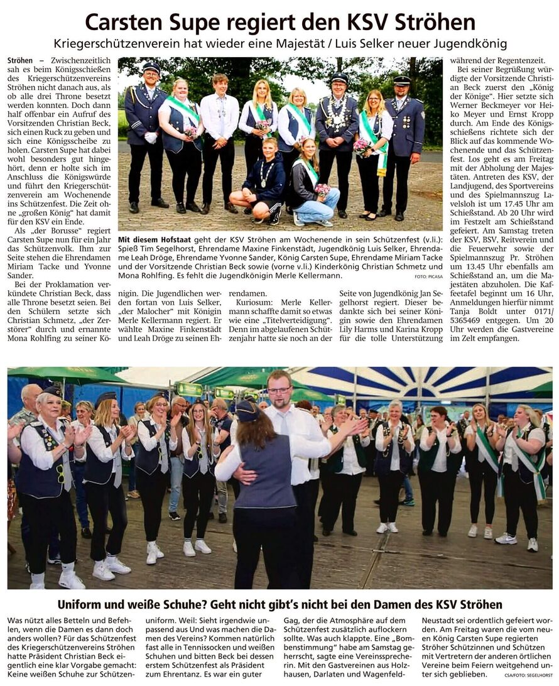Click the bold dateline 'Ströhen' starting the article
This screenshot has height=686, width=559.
(20, 61)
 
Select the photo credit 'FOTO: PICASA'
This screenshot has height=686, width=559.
(428, 276)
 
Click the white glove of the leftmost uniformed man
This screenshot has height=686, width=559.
(151, 136)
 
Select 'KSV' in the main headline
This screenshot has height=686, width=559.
(366, 23)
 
